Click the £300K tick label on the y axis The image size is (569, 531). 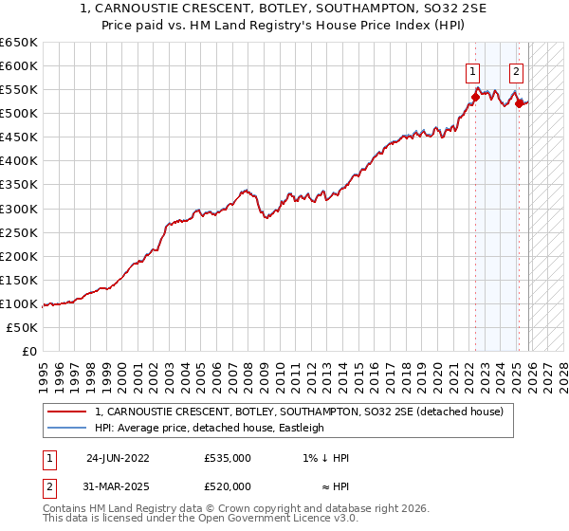[x=18, y=209]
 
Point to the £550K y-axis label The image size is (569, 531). [x=18, y=90]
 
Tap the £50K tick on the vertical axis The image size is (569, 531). [x=22, y=327]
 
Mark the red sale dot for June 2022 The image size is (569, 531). [x=475, y=97]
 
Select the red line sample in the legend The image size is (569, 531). [x=67, y=412]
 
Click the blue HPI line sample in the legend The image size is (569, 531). [x=67, y=428]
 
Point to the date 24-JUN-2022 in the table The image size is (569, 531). [x=118, y=458]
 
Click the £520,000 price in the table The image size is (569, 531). [x=228, y=486]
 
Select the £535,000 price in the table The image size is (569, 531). [x=228, y=458]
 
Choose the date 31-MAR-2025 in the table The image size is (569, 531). [x=118, y=486]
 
